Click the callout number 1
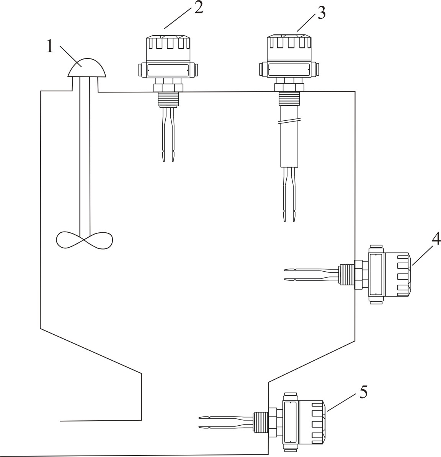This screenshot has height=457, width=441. click(50, 47)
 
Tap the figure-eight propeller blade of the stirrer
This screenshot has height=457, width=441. click(85, 240)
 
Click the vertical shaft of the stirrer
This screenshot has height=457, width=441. click(85, 153)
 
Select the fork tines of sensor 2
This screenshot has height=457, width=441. click(167, 138)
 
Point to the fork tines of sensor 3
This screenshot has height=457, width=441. click(289, 195)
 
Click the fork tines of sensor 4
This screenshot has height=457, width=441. click(310, 275)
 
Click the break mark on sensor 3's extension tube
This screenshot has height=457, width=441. click(289, 122)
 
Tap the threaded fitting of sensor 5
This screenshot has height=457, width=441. click(260, 422)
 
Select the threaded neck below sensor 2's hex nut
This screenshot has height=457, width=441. click(167, 99)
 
